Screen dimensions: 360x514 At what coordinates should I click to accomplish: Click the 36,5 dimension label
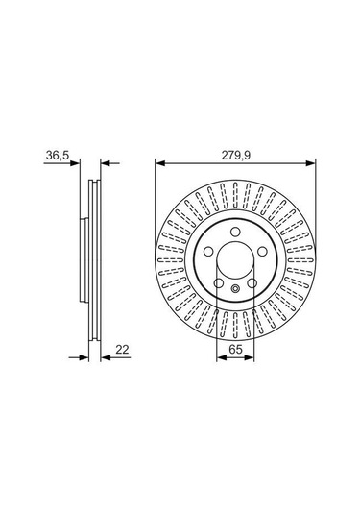[58, 155]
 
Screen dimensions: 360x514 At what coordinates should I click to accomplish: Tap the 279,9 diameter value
[235, 155]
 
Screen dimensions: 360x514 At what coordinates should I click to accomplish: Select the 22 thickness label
[123, 350]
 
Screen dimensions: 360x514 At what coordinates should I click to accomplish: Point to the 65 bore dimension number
[235, 350]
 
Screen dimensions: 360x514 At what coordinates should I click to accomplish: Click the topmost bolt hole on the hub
[235, 233]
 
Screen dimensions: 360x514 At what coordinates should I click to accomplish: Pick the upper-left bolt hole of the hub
[208, 252]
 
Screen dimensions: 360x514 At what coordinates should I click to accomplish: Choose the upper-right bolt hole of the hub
[262, 252]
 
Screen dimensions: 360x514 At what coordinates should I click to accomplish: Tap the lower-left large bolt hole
[219, 283]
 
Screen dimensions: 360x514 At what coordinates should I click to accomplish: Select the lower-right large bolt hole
[252, 283]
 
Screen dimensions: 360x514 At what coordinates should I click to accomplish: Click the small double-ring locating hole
[235, 289]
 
